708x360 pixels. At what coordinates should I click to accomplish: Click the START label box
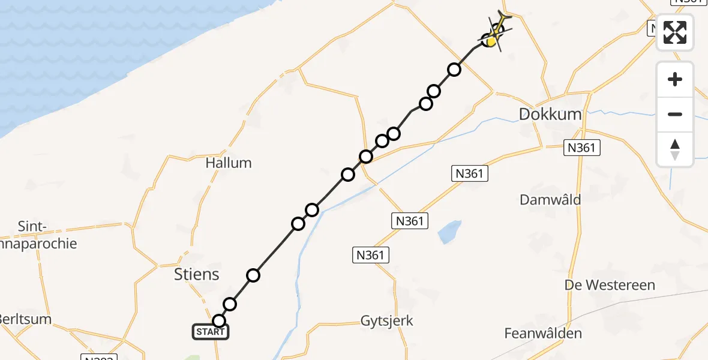coord(211,332)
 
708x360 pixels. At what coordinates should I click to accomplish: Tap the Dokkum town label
coord(550,114)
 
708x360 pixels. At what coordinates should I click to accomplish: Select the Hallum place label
coord(229,163)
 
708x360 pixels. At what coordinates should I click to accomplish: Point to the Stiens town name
coord(196,275)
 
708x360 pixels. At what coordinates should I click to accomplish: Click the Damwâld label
coord(550,199)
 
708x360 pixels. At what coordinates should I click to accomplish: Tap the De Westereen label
coord(610,285)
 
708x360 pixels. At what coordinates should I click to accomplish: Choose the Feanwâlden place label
coord(543,334)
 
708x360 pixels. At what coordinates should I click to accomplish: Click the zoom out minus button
coord(675,114)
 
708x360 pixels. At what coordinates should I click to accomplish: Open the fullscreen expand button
coord(675,32)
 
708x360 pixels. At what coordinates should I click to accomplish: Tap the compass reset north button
coord(675,149)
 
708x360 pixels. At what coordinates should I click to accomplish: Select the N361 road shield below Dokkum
coord(581,148)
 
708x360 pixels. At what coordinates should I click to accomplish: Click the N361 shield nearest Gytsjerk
coord(370,256)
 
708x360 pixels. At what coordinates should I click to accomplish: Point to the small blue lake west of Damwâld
coord(450,232)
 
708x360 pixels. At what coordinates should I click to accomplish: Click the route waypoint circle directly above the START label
coord(219,321)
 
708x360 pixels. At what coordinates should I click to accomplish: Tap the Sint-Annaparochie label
coord(38,235)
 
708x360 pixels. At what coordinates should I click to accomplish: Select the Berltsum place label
coord(25,319)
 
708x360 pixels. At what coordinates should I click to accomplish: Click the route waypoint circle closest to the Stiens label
coord(253,275)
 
